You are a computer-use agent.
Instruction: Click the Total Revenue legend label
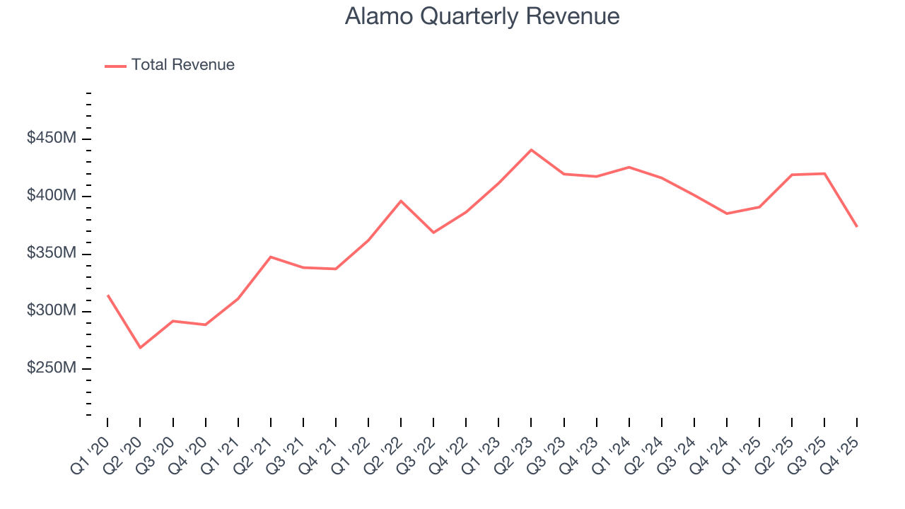click(x=182, y=65)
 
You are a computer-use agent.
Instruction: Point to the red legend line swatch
click(x=115, y=66)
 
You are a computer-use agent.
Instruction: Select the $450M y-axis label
click(x=52, y=139)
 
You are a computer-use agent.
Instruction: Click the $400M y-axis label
click(x=52, y=196)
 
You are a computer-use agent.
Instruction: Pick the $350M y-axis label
click(x=52, y=254)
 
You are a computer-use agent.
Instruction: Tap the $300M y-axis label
click(x=52, y=311)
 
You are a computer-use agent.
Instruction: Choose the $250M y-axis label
click(x=52, y=369)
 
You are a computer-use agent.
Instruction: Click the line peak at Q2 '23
click(x=531, y=150)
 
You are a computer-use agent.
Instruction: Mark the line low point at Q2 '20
click(x=140, y=348)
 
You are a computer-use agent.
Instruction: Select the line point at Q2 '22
click(x=401, y=201)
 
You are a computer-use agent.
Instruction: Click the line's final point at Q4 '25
click(x=857, y=226)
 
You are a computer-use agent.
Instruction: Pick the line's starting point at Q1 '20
click(x=107, y=296)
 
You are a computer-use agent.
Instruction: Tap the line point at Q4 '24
click(x=727, y=213)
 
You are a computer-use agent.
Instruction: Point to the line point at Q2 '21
click(x=271, y=257)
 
